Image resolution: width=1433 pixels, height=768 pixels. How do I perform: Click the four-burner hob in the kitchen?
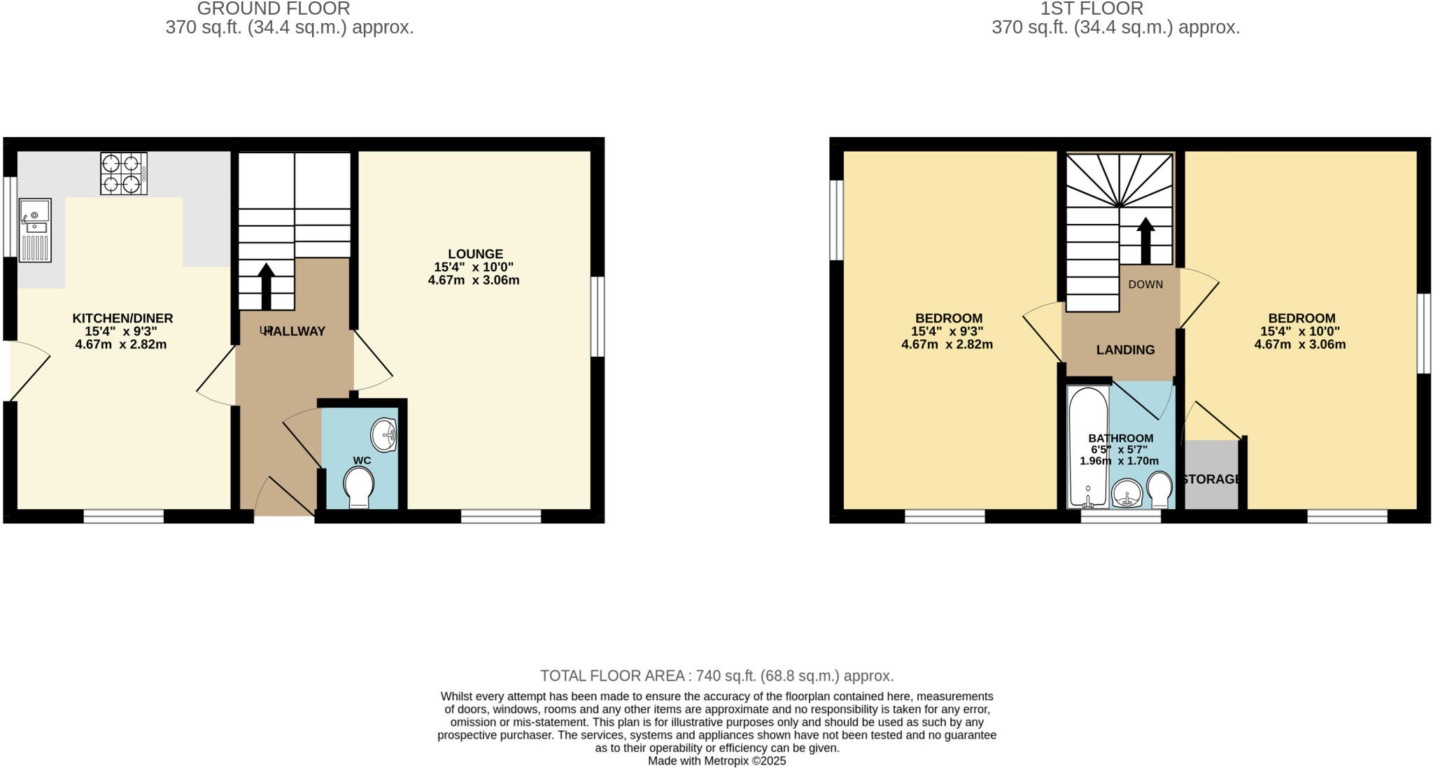click(124, 173)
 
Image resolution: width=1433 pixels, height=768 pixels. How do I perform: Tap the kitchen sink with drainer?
click(35, 230)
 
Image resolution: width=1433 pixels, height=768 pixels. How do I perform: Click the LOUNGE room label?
click(475, 254)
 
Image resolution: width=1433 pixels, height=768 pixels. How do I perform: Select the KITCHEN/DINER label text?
click(122, 318)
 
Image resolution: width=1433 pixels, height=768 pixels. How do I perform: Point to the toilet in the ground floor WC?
click(359, 486)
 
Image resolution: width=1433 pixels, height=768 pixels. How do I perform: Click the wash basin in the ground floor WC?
click(384, 435)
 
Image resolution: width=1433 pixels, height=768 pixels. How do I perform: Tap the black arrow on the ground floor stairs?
click(266, 285)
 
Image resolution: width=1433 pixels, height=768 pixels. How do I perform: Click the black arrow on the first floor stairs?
click(1145, 241)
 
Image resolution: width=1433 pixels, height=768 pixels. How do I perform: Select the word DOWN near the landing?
click(1145, 285)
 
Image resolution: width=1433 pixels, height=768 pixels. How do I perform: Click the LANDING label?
click(1125, 350)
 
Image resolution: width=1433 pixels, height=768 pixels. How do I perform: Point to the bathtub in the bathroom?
click(1087, 448)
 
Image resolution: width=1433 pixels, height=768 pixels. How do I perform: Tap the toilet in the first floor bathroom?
click(1159, 490)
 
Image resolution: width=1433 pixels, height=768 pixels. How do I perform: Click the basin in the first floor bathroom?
click(1127, 494)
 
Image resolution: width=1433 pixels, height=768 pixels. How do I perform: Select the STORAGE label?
click(1212, 479)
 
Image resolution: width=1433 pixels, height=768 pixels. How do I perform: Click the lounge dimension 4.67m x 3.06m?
click(474, 280)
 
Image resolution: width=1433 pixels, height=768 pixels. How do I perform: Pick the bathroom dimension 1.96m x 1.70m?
click(1119, 461)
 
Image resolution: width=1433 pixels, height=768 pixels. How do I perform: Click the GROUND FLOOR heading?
click(274, 9)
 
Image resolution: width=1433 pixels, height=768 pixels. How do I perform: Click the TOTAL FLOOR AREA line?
click(716, 676)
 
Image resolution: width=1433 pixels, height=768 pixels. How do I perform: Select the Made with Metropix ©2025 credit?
click(716, 761)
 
